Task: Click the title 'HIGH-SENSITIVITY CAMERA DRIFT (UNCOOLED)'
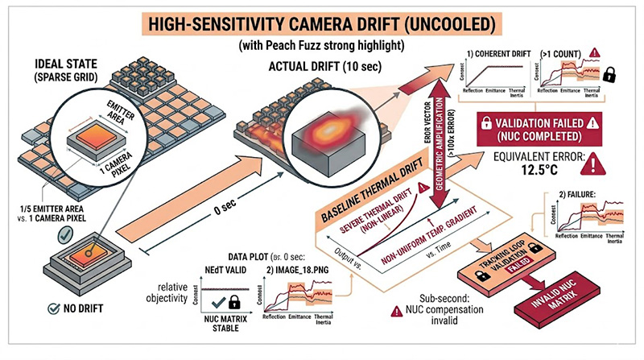(321, 19)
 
